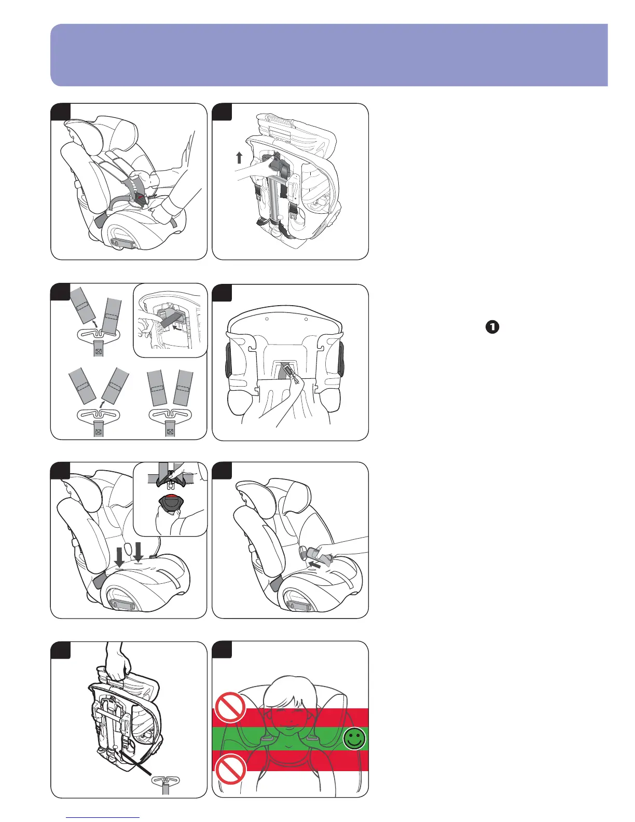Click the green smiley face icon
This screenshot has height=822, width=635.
[354, 739]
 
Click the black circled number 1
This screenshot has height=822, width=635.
[492, 327]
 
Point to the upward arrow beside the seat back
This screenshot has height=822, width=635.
[239, 157]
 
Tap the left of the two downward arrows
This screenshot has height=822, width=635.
[119, 556]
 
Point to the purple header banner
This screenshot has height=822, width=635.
[329, 54]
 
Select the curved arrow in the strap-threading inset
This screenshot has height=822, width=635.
[178, 328]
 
